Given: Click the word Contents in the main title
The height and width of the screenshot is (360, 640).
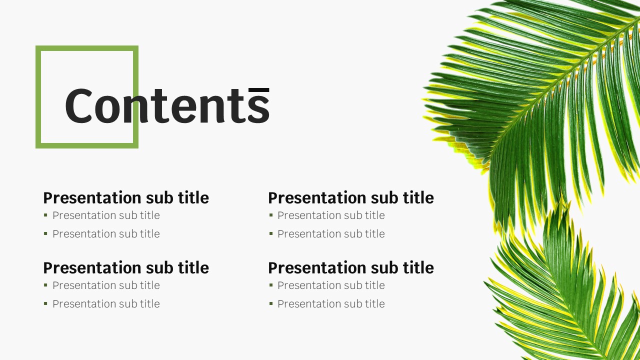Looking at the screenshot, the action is click(x=167, y=105).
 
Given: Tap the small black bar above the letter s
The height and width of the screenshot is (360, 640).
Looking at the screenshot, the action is click(x=259, y=90).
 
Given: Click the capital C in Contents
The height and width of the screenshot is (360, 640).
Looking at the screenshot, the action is click(x=79, y=105).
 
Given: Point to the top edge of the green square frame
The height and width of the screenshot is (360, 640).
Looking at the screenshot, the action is click(x=87, y=48).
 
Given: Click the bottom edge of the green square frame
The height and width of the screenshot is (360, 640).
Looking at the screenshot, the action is click(x=87, y=145).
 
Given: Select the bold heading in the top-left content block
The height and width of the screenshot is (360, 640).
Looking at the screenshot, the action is click(x=126, y=197).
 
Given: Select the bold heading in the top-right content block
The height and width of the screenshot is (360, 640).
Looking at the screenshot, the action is click(x=351, y=197).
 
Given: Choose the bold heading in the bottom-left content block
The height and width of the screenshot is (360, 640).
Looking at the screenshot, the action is click(x=126, y=267).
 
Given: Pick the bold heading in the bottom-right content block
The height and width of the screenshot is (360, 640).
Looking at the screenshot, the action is click(x=351, y=267).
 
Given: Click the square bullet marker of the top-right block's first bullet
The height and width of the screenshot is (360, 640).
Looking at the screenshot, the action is click(x=271, y=215).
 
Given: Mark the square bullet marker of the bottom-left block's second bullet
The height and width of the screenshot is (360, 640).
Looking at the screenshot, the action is click(x=45, y=303).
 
